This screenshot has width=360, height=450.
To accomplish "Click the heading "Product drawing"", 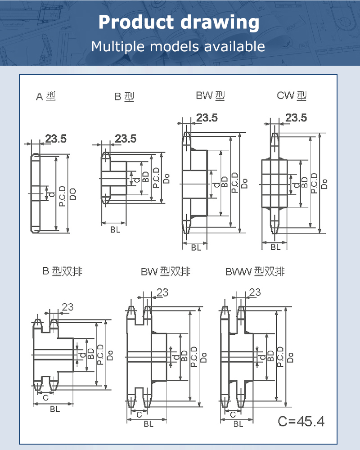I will (179, 22).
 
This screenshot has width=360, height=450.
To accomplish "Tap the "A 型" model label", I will (46, 96).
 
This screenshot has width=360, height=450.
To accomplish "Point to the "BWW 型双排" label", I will (255, 271).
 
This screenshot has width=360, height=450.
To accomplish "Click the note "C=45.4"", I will (301, 422).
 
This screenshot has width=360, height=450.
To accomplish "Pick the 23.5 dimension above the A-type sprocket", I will (55, 139).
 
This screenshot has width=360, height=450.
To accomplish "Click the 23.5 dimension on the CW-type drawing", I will (296, 118).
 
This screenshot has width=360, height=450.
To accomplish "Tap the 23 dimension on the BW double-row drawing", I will (162, 292).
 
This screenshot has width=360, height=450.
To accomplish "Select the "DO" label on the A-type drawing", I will (73, 194).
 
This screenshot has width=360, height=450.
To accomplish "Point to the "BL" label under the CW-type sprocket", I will (275, 247).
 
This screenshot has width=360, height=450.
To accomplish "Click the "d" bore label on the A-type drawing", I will (51, 194).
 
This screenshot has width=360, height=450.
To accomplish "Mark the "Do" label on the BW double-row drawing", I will (203, 358).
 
